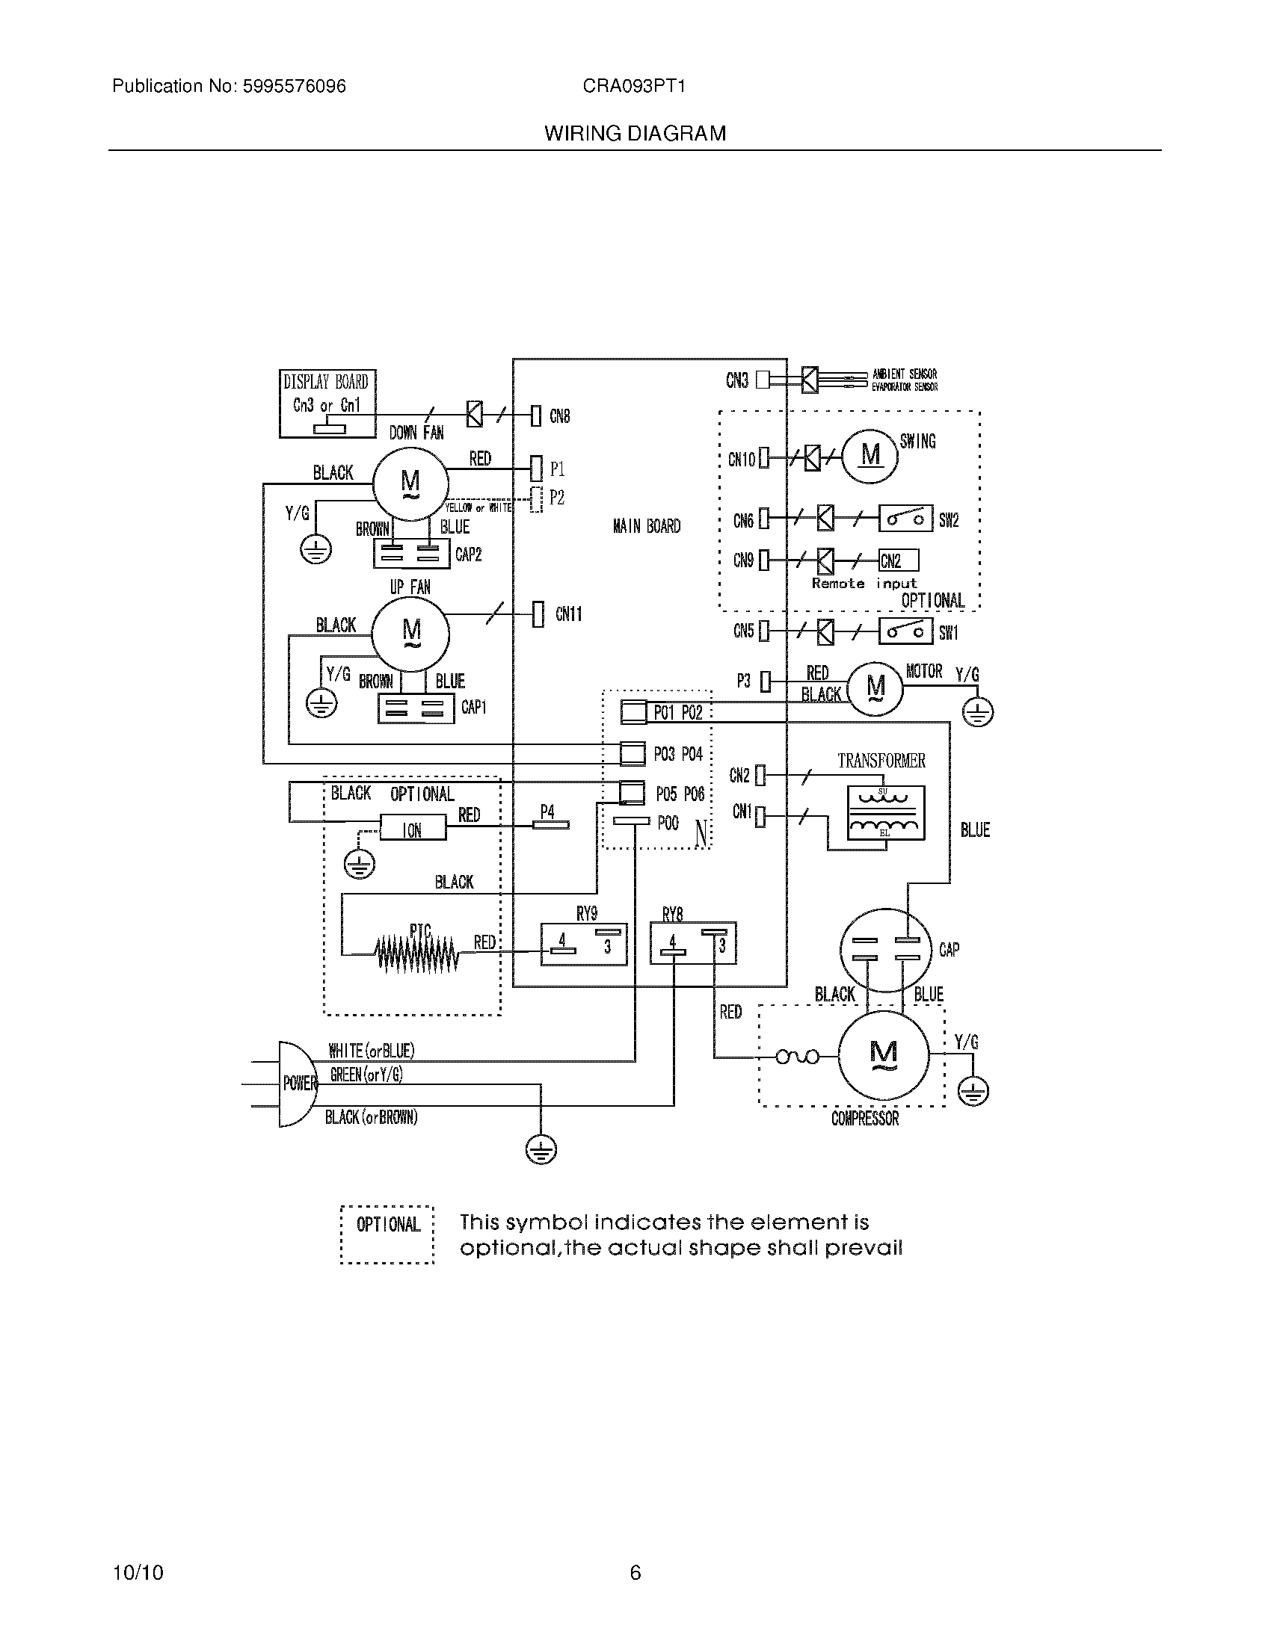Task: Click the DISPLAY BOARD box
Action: tap(327, 403)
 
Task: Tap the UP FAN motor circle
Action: tap(411, 633)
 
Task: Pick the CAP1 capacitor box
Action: tap(416, 708)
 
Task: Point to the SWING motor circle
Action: tap(870, 455)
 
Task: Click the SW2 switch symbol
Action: tap(906, 519)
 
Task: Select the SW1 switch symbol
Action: tap(906, 631)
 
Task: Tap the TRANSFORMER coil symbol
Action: tap(885, 813)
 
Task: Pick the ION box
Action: tap(413, 829)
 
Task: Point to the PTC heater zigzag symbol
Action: tap(416, 953)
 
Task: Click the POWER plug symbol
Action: tap(298, 1084)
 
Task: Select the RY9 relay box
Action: tap(585, 944)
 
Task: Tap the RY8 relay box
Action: tap(693, 944)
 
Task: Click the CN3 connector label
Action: tap(736, 381)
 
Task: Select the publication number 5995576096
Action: tap(294, 87)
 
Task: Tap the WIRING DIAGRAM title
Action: tap(635, 134)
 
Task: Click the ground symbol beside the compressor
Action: tap(973, 1091)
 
